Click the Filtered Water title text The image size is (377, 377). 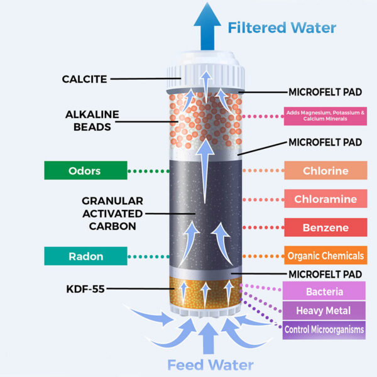click(281, 28)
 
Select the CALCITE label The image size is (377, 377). click(85, 79)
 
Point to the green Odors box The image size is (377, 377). click(84, 170)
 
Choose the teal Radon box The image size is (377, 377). click(84, 256)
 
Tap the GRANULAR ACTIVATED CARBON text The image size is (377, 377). click(112, 213)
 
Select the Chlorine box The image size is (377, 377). click(325, 171)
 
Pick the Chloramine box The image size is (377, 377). click(325, 199)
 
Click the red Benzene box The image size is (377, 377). click(325, 227)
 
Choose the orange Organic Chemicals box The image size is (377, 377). click(325, 256)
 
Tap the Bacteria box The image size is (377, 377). click(325, 292)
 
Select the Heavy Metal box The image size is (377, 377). click(325, 310)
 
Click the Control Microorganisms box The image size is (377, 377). click(325, 329)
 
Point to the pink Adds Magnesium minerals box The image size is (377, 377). click(325, 116)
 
